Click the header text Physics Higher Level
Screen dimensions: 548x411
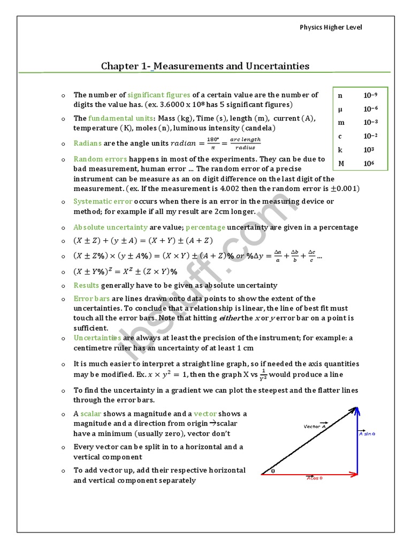(330, 27)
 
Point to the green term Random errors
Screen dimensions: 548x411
(100, 159)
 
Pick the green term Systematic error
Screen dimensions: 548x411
(103, 202)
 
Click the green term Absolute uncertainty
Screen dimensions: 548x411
(110, 227)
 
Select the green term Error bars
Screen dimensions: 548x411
(92, 299)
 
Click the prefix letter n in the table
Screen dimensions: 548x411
(340, 95)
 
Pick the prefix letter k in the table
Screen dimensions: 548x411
(340, 150)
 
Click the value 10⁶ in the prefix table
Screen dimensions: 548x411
(369, 163)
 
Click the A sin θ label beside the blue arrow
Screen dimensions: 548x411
(367, 434)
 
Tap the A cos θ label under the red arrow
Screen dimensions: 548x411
(314, 478)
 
